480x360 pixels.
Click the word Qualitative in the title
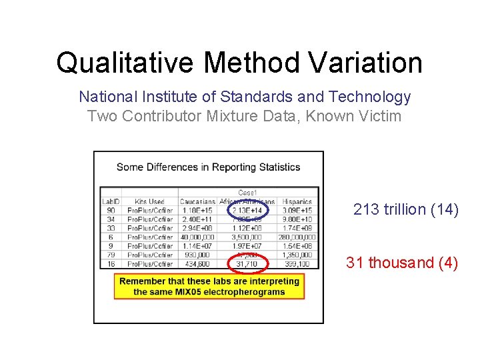[125, 63]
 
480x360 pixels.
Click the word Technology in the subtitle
[373, 97]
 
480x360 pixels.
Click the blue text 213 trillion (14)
[405, 210]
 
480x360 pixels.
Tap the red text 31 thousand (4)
[401, 263]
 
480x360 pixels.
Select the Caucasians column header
[197, 201]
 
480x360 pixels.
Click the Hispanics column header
[297, 201]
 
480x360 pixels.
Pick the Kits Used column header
[149, 201]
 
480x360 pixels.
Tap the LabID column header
[111, 201]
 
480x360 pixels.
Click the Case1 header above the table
[247, 193]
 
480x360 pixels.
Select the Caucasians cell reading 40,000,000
[197, 237]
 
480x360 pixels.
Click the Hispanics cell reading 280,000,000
[297, 237]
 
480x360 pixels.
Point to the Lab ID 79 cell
[111, 255]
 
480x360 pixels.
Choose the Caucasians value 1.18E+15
[197, 211]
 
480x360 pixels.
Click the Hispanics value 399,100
[297, 264]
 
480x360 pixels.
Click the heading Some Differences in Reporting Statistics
[208, 167]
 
